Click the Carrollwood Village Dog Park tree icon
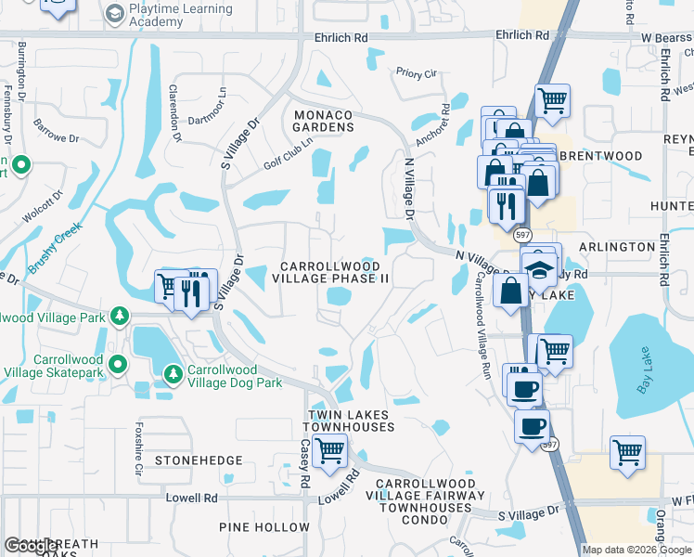pos(173,373)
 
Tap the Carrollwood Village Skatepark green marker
pos(117,363)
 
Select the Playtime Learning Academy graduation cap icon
pos(114,13)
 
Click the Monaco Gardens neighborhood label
pos(323,121)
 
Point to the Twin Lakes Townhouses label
pos(352,420)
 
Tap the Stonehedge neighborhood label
pos(199,460)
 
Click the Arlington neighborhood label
pos(617,247)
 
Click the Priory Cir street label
pos(416,71)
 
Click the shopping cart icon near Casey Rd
pos(329,451)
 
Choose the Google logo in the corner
pos(32,546)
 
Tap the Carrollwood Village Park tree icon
pos(119,317)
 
